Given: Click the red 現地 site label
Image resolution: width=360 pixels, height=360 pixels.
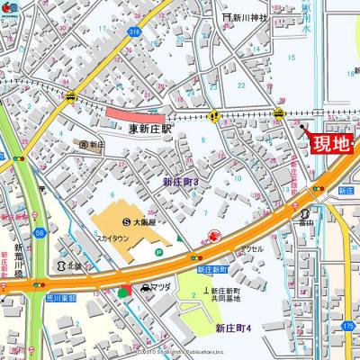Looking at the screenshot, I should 329,143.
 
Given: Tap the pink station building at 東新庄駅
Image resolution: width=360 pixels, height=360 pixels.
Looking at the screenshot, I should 136,115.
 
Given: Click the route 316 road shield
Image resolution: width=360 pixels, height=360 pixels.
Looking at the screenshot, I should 134,31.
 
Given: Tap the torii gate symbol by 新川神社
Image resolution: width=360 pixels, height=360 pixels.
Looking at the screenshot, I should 227,17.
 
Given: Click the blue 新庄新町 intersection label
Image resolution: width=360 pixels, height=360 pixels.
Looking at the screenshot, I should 209,269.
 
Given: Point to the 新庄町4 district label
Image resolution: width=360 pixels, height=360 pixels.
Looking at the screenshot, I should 234,328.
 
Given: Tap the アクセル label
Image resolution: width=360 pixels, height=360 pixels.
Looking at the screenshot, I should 251,248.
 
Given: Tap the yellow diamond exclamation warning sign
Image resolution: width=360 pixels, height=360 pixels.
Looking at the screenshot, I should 214,115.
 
